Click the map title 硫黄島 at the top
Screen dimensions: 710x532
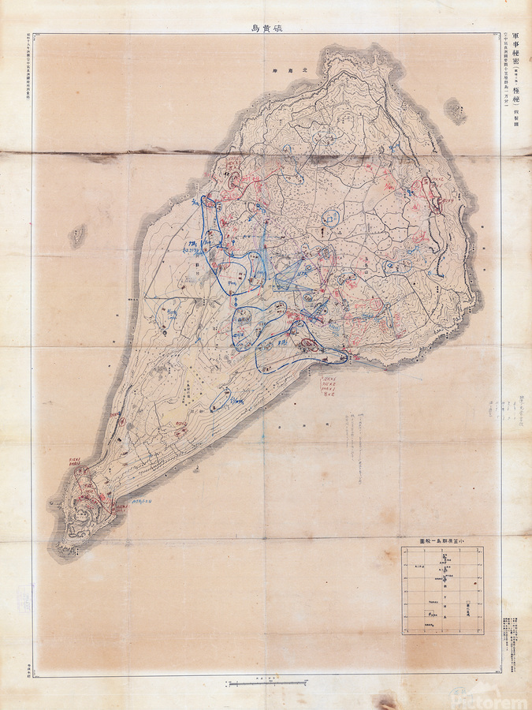[265, 26]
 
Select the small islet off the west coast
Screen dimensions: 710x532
[77, 234]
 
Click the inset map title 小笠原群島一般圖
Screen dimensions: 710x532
[441, 541]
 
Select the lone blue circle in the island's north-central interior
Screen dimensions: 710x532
[334, 215]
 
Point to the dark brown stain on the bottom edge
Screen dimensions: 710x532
[386, 701]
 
